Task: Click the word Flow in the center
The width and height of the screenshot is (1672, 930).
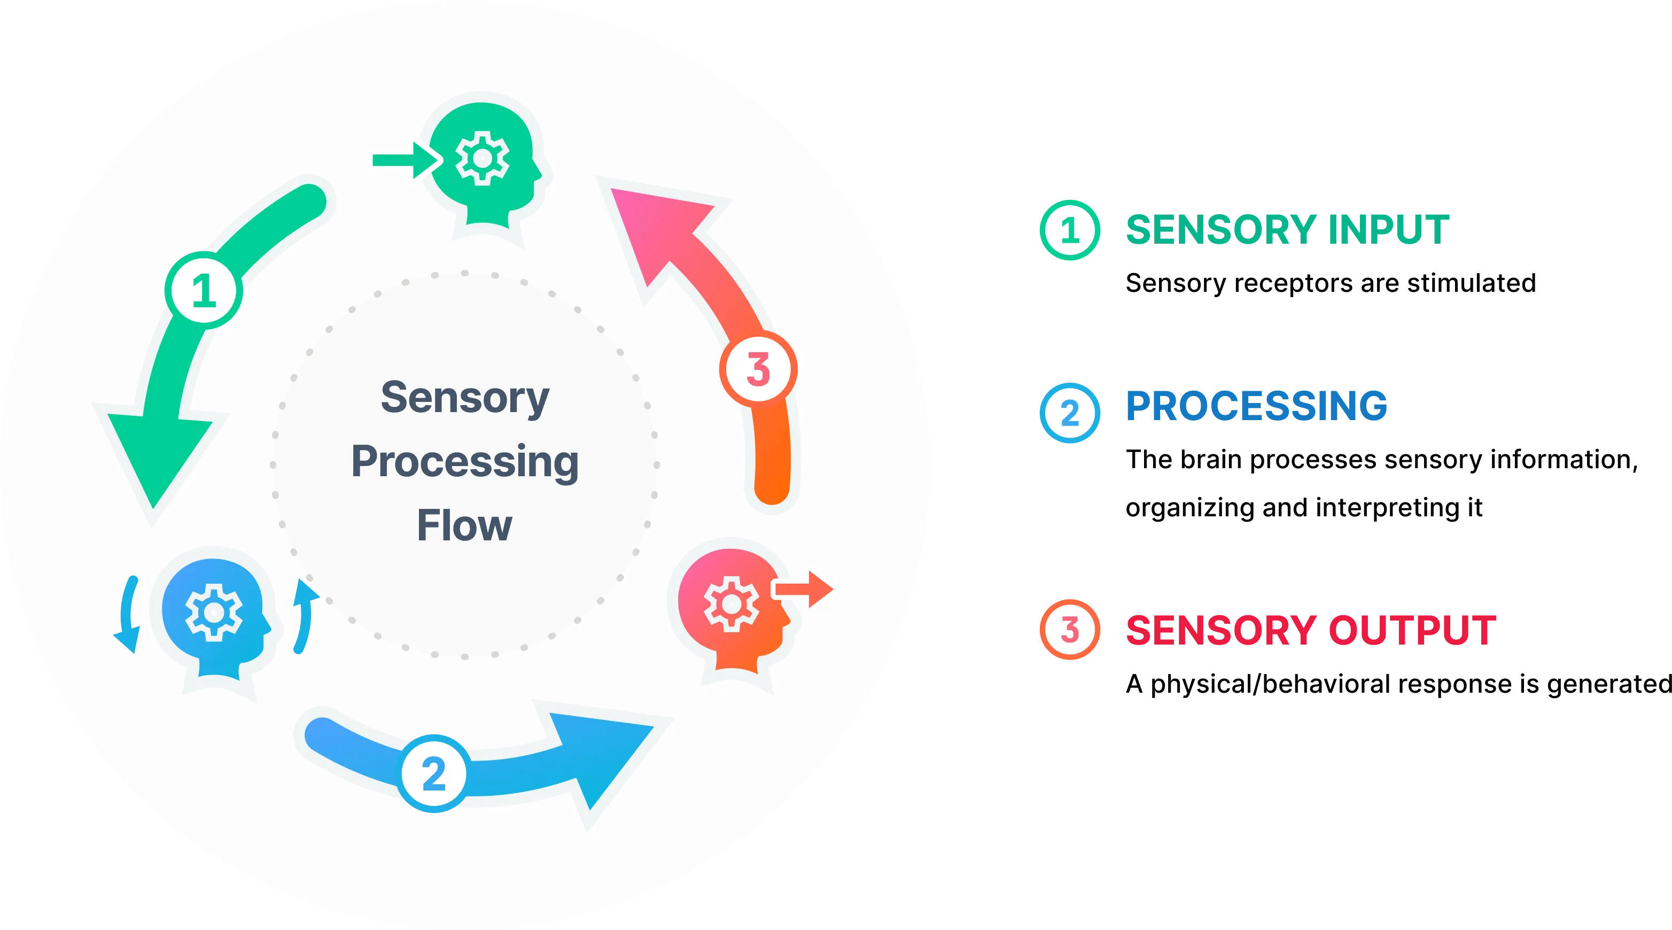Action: click(464, 525)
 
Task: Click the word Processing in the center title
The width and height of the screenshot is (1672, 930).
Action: click(465, 462)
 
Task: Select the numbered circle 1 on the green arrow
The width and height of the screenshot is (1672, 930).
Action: click(204, 290)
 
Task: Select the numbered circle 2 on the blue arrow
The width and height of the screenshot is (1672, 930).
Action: click(433, 773)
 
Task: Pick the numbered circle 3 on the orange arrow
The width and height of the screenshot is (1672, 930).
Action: click(758, 369)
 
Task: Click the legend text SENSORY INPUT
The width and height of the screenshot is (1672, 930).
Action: click(1288, 229)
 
